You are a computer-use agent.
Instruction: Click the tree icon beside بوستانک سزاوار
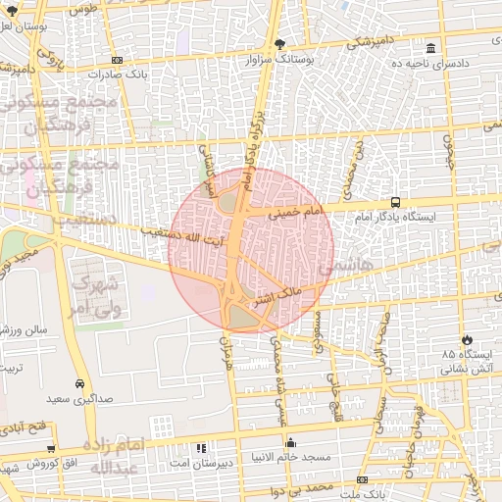pyautogui.click(x=280, y=44)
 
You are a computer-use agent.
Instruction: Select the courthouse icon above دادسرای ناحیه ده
pyautogui.click(x=430, y=48)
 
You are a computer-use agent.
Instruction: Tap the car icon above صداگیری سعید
pyautogui.click(x=79, y=383)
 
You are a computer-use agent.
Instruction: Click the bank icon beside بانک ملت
pyautogui.click(x=362, y=480)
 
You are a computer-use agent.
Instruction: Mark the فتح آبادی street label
pyautogui.click(x=24, y=428)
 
